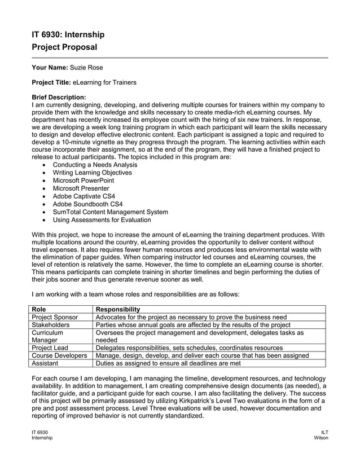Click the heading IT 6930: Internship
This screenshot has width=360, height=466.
68,34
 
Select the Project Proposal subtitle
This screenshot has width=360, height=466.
64,47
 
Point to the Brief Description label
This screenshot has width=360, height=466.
59,97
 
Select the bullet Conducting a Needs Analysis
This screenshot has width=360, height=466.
94,165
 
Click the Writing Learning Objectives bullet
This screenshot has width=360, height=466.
92,173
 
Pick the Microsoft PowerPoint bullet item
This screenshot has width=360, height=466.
83,181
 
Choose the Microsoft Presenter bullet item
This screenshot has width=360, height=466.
81,188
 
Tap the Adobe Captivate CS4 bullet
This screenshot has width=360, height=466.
84,196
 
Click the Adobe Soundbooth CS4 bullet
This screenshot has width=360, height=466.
87,204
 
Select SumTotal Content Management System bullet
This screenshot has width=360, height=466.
110,212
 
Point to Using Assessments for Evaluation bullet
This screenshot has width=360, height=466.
102,220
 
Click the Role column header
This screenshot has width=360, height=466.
39,309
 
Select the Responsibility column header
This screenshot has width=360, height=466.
118,309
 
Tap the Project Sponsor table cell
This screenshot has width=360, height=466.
55,317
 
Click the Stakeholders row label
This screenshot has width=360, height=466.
51,325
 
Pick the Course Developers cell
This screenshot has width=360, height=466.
59,356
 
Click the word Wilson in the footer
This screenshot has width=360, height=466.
320,438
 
